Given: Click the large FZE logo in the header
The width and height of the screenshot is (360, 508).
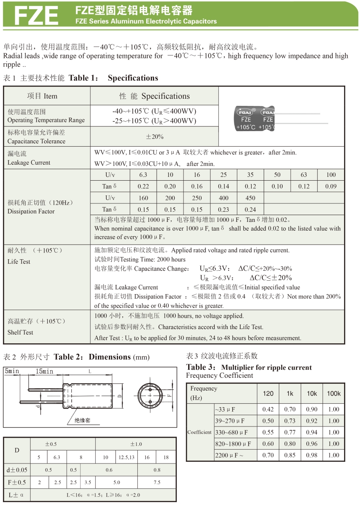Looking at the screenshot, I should click(36, 16).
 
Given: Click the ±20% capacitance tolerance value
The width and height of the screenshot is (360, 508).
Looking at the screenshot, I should click(155, 137).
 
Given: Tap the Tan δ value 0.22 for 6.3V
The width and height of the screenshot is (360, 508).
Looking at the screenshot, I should click(143, 186).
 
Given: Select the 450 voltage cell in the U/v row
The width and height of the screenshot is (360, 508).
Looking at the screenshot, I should click(250, 198).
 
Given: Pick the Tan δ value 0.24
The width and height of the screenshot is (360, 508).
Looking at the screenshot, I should click(250, 209).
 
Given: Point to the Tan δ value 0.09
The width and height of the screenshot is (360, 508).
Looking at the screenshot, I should click(331, 186).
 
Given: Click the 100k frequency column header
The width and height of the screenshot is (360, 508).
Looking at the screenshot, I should click(334, 393).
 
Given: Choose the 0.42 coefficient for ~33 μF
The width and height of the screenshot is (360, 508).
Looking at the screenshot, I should click(268, 409).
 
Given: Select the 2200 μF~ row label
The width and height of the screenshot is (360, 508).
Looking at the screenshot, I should click(229, 455).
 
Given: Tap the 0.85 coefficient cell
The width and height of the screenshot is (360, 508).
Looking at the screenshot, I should click(290, 455).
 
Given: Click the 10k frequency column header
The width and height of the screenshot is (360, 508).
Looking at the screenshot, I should click(312, 393).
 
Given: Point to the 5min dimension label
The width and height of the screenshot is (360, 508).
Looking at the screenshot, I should click(12, 371).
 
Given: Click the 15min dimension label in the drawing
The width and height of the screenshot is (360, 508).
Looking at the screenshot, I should click(44, 371).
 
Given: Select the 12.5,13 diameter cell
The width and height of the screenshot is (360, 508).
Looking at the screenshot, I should click(126, 457).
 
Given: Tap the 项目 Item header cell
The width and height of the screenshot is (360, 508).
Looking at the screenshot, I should click(42, 96).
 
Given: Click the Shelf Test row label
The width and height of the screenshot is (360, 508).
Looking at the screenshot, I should click(20, 332).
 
